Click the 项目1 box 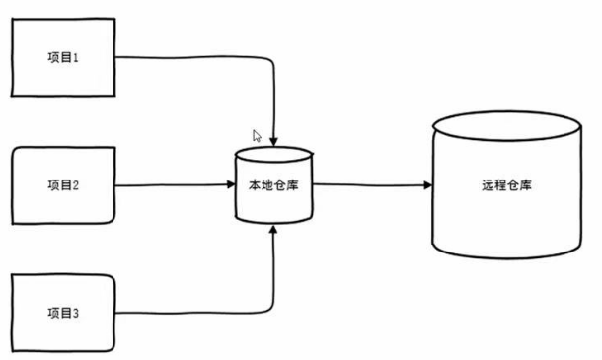63,57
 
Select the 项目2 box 63,185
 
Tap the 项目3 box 63,314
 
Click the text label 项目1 62,57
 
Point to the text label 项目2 62,185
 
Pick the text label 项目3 62,314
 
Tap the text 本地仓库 273,185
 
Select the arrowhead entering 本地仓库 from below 273,231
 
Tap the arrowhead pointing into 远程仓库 425,185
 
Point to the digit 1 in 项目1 74,57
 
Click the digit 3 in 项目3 74,314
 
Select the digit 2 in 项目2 74,185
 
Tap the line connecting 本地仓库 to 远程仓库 370,185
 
